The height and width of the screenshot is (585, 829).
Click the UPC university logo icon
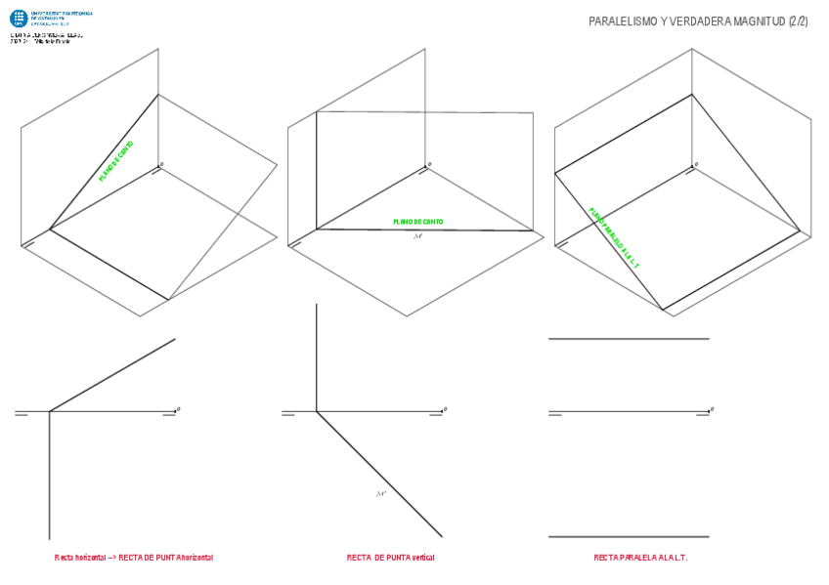(x=18, y=19)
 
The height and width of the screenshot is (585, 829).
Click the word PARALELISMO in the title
(x=622, y=21)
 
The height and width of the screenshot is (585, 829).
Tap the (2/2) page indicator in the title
(x=798, y=21)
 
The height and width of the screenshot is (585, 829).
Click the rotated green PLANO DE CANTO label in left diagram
(x=116, y=162)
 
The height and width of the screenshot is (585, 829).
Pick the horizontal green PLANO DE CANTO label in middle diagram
(x=418, y=222)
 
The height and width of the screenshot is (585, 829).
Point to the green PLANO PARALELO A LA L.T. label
(x=614, y=238)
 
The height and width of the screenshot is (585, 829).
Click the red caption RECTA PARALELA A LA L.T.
(x=640, y=558)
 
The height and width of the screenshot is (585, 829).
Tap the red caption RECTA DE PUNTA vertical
(x=391, y=558)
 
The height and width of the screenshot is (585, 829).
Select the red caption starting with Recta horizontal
(x=134, y=558)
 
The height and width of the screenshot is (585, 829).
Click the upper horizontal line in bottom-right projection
(x=629, y=339)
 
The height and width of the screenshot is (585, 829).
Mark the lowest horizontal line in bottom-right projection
(x=629, y=536)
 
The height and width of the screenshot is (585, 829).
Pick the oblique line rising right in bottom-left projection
(x=112, y=375)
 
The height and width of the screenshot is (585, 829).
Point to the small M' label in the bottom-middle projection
(x=381, y=494)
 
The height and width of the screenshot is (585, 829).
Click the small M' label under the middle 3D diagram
(x=418, y=235)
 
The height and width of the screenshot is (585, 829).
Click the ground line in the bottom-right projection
(x=629, y=411)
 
